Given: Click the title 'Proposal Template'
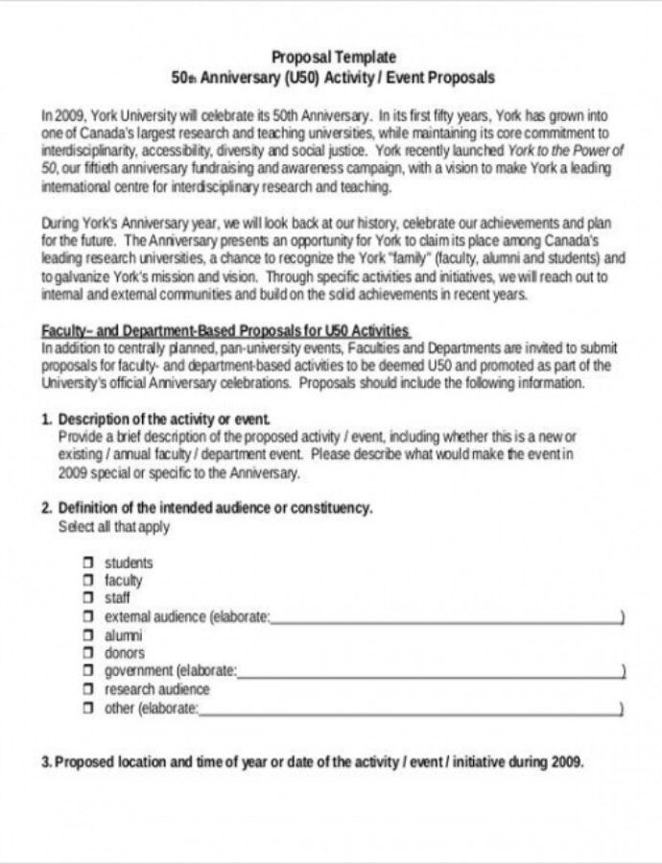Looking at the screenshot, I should click(x=333, y=58).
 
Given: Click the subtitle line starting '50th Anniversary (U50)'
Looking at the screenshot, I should click(x=333, y=77).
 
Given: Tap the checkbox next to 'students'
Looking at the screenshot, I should click(x=87, y=563).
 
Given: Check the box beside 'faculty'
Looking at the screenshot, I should click(x=87, y=581).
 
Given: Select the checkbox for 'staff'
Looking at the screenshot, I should click(x=87, y=598).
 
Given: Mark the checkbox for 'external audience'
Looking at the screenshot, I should click(x=87, y=616).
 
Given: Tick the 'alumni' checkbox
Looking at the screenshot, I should click(x=87, y=635).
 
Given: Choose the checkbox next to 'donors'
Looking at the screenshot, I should click(x=87, y=653).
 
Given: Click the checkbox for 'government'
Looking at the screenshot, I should click(x=87, y=671).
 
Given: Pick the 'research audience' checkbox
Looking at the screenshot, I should click(x=87, y=689).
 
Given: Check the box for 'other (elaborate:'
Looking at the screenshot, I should click(x=87, y=708).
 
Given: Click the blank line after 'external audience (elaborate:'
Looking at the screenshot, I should click(x=445, y=619).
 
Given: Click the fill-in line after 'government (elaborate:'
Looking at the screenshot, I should click(x=429, y=674).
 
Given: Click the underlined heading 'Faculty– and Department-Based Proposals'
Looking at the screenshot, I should click(x=225, y=330).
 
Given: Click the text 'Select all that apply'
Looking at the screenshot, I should click(x=114, y=527).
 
